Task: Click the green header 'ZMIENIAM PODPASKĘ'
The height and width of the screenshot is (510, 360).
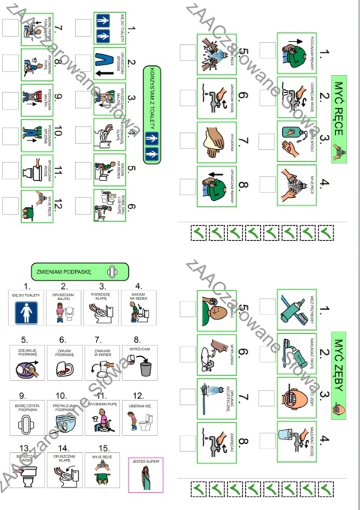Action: click(73, 271)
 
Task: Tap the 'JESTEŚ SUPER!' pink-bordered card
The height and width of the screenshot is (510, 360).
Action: click(146, 474)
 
